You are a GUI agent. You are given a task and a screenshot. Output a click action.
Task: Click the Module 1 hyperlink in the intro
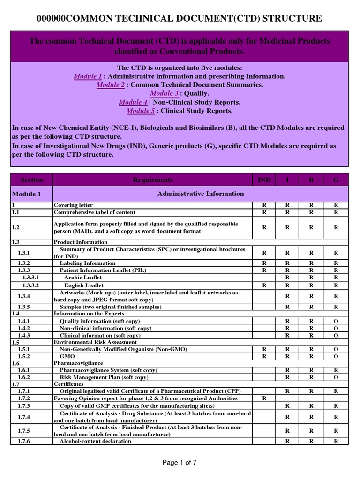tap(88, 76)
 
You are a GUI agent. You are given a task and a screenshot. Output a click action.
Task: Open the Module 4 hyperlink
tap(133, 102)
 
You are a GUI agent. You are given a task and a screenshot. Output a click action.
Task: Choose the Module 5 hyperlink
tap(141, 111)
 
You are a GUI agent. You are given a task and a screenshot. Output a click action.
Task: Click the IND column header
tap(264, 180)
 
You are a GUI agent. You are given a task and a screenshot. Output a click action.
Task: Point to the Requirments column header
tap(153, 180)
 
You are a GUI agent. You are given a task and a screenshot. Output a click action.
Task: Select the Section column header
tap(32, 180)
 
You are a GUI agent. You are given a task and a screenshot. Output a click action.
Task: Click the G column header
tap(336, 180)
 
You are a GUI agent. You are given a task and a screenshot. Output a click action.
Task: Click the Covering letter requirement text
tap(74, 205)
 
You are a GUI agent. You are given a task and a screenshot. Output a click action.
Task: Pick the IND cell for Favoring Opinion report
tap(264, 398)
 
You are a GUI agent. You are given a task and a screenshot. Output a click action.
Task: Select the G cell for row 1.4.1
tap(336, 321)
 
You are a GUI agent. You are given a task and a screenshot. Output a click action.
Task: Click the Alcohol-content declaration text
tap(96, 441)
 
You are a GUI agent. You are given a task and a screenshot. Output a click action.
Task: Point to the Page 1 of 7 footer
tap(180, 463)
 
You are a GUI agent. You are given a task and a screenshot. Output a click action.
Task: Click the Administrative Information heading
tap(201, 194)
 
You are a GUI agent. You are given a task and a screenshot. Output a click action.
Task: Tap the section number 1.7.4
tap(24, 417)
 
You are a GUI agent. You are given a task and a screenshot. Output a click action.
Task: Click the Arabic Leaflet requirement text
tap(83, 277)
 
